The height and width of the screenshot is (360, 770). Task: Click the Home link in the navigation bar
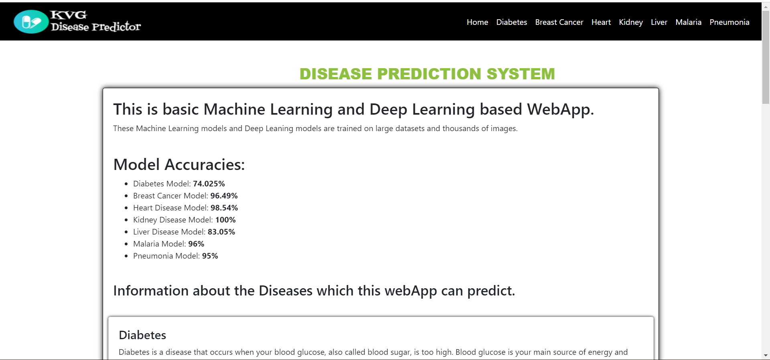[477, 22]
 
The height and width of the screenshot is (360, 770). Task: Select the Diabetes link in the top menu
[511, 22]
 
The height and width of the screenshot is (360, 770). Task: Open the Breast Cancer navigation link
[559, 22]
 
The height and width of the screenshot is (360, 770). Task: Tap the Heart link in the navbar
[601, 22]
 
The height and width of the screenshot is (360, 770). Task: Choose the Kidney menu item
[630, 22]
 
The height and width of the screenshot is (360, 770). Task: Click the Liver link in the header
[659, 22]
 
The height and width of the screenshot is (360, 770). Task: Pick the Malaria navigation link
[688, 22]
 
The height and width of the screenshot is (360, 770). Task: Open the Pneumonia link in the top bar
[729, 22]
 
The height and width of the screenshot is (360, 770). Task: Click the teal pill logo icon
[31, 22]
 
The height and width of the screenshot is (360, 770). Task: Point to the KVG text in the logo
[69, 15]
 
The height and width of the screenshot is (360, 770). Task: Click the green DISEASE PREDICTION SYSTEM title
[427, 74]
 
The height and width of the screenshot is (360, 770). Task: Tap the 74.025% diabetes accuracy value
[209, 184]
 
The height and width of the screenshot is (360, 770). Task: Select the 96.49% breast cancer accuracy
[224, 196]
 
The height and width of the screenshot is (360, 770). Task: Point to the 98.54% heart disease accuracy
[224, 208]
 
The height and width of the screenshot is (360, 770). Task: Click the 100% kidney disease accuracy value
[225, 220]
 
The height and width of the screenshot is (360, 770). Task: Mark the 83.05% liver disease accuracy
[221, 232]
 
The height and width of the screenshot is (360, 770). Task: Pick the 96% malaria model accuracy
[196, 244]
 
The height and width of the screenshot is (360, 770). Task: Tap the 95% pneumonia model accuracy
[210, 256]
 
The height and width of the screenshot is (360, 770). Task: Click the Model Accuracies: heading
[179, 164]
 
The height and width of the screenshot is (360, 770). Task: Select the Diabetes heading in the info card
[142, 335]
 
